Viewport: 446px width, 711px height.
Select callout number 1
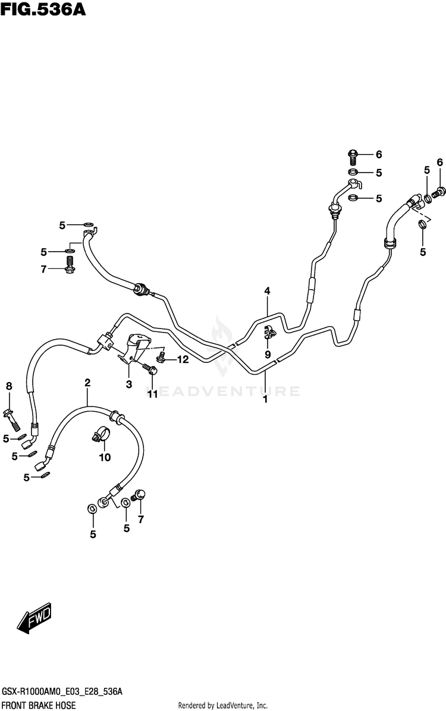click(x=265, y=399)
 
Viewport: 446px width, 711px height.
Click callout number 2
click(x=87, y=383)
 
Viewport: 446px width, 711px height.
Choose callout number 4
click(x=268, y=291)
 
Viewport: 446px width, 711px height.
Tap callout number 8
click(x=9, y=387)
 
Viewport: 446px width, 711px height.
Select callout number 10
click(x=105, y=457)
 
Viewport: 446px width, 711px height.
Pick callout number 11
click(x=153, y=393)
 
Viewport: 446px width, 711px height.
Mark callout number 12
click(x=181, y=359)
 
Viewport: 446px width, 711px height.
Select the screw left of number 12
click(x=160, y=358)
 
